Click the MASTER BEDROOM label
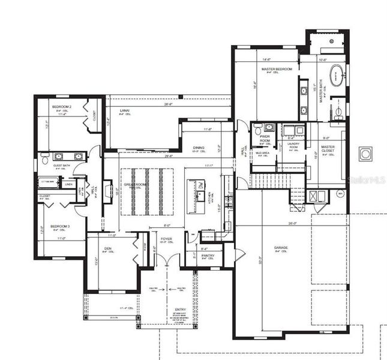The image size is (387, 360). point(277,70)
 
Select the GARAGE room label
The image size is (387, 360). point(281,247)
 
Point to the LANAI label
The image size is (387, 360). point(125,111)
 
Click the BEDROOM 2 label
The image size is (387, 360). point(61,106)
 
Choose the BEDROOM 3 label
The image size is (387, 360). point(60,226)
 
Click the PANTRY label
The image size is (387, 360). point(208,256)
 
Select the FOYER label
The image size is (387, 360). point(166,239)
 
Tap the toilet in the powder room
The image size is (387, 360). point(257,130)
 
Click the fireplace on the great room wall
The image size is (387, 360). point(108,193)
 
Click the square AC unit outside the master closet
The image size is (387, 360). point(365,154)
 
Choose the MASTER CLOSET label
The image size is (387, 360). point(328,148)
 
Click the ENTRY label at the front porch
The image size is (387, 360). point(181,310)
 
